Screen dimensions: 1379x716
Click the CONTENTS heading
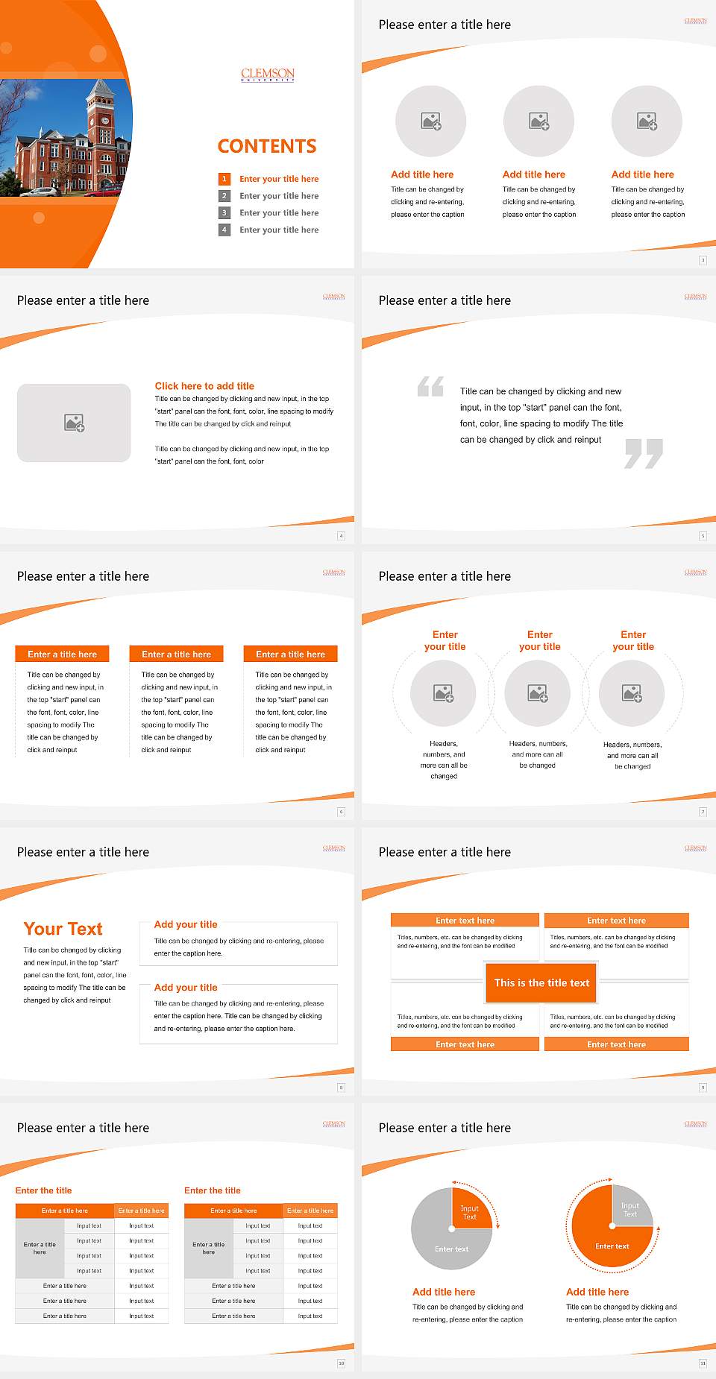[x=267, y=146]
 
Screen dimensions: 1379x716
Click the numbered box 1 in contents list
[x=224, y=179]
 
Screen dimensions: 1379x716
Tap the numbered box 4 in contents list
[x=224, y=230]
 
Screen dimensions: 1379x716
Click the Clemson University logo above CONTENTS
[x=268, y=74]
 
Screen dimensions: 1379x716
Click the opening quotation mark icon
[x=430, y=386]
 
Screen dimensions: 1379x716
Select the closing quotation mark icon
[x=644, y=453]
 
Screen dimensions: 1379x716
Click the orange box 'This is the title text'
[x=541, y=982]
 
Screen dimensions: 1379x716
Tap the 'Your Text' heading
[x=63, y=929]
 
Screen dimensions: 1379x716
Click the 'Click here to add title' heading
[x=204, y=386]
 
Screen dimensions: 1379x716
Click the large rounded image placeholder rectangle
[x=74, y=423]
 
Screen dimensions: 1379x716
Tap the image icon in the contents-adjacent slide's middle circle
[x=538, y=121]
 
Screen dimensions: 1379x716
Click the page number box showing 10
[x=341, y=1363]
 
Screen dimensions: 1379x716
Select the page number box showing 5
[x=703, y=536]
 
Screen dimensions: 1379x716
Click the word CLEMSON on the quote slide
[x=695, y=296]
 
